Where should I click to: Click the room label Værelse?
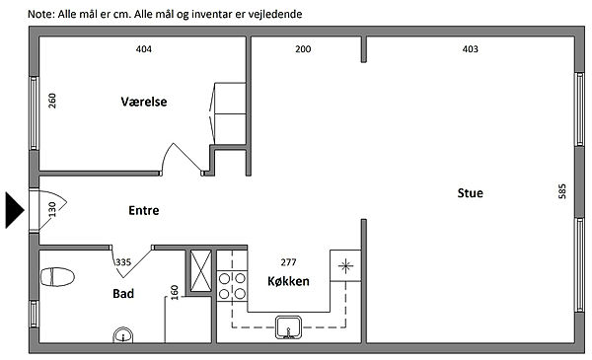144,102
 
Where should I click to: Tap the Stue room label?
470,193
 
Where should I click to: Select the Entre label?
144,210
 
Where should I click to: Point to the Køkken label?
288,281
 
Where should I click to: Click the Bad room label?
123,294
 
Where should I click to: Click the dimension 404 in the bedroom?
144,49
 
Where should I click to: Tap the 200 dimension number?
303,49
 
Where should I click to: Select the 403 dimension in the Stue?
470,49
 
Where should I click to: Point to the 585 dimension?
562,191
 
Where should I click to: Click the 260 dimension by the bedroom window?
52,101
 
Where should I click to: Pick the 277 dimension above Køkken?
288,262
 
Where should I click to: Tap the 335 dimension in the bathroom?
123,262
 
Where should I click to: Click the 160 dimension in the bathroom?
174,293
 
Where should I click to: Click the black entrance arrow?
15,210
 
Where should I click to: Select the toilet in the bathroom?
57,277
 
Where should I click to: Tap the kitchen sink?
288,327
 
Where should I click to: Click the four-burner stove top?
232,286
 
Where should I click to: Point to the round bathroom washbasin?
123,335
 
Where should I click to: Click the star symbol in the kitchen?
345,266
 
